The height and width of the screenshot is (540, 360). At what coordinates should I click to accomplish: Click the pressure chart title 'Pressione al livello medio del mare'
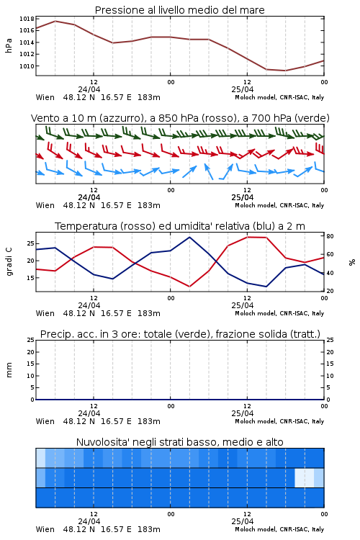point(179,10)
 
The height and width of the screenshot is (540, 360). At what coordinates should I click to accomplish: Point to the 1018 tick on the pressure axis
point(27,19)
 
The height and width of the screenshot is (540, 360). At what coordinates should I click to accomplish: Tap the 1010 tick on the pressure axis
point(27,66)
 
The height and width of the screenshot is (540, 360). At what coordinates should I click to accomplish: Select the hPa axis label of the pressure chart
point(9,45)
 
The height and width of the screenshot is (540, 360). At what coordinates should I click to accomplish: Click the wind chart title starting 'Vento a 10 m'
point(180,118)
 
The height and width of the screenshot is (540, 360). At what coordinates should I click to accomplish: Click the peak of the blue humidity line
point(189,238)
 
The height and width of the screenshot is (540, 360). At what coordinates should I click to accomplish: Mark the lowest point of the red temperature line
point(189,287)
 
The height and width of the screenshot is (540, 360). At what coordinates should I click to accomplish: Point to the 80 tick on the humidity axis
point(330,236)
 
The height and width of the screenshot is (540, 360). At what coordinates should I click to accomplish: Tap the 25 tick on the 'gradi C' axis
point(31,243)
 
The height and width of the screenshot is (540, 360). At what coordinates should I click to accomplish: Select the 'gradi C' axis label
point(9,261)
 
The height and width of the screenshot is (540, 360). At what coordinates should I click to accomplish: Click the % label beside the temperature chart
point(352,262)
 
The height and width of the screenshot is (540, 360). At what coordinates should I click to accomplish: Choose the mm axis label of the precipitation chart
point(9,370)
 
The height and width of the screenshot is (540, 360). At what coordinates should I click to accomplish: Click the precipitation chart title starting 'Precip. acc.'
point(180,334)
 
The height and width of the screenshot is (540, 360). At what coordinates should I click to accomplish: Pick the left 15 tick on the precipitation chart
point(31,364)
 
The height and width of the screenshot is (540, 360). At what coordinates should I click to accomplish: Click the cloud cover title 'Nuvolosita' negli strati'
point(179,442)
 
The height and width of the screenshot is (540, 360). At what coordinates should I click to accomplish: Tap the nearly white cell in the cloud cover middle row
point(305,477)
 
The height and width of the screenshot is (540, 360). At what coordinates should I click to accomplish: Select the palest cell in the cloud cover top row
point(40,458)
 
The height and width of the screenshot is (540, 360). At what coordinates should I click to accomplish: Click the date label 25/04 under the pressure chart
point(243,89)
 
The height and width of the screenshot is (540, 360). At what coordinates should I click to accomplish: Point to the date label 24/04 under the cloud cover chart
point(89,521)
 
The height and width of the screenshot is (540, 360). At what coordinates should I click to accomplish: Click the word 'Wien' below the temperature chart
point(45,313)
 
